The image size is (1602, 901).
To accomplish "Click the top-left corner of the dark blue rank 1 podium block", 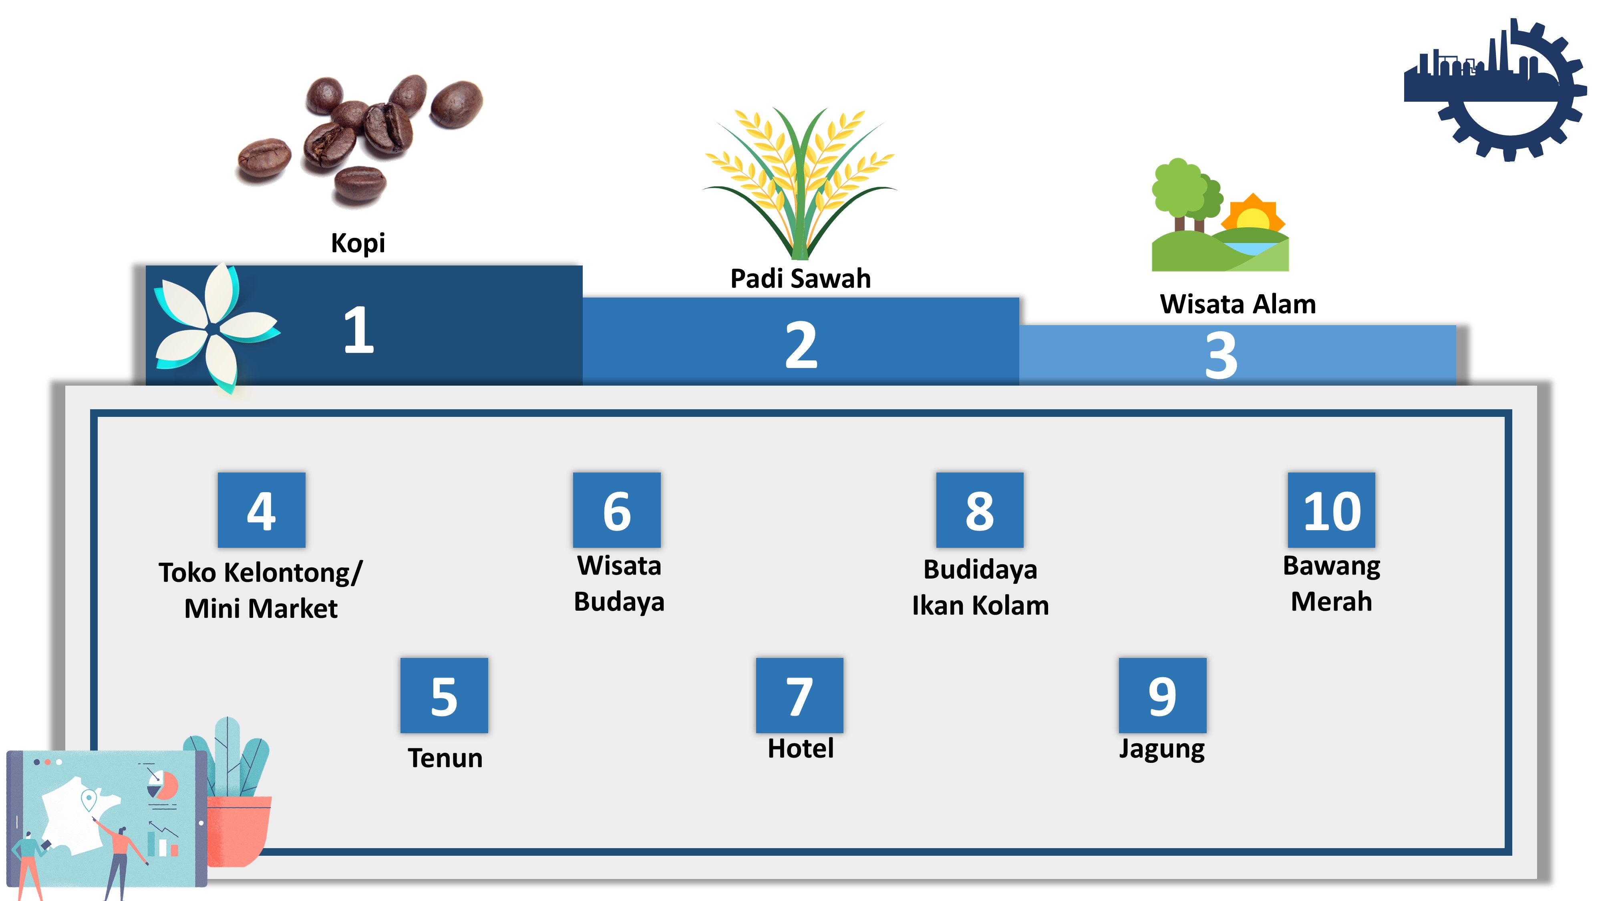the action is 146,266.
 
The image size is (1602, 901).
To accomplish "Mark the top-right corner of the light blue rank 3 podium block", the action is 1456,325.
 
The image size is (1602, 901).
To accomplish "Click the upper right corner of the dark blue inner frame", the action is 1508,413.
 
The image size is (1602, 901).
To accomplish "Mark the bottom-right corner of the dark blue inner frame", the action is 1508,852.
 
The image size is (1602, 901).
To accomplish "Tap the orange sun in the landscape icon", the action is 1252,215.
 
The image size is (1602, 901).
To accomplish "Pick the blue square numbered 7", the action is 799,695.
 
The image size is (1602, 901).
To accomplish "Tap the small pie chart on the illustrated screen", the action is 163,785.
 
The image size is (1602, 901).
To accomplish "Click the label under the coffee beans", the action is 358,243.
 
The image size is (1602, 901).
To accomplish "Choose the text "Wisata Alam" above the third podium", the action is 1238,304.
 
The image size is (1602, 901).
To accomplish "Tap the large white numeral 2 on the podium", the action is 801,345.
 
